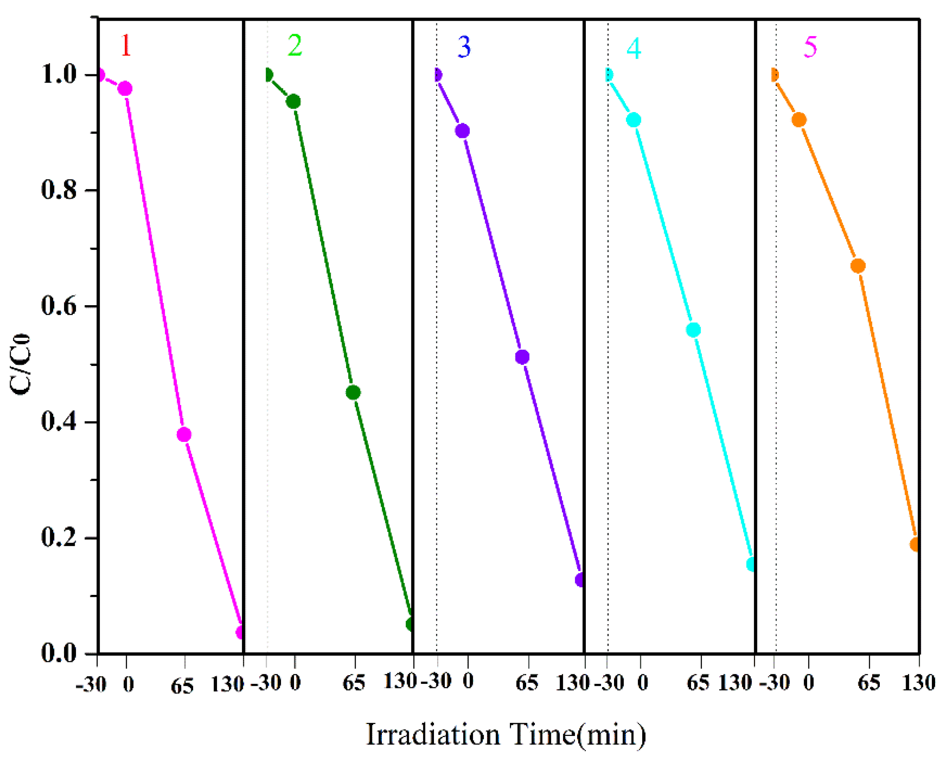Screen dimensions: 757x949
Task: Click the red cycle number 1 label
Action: tap(126, 45)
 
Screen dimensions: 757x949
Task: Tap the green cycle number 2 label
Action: tap(294, 45)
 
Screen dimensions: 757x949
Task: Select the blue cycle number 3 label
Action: tap(464, 47)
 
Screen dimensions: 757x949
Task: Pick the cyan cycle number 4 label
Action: tap(633, 48)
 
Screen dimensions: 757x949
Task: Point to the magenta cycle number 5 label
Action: tap(810, 47)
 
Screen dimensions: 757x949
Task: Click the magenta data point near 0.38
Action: tap(184, 435)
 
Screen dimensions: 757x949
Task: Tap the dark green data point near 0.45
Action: tap(353, 393)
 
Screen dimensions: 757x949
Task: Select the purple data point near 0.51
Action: tap(522, 357)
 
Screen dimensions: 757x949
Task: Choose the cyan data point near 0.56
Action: tap(693, 330)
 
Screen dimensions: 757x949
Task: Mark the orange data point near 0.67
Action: tap(858, 266)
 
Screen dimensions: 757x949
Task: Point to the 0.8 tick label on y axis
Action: tap(59, 190)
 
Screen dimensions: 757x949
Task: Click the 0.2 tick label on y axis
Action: tap(59, 538)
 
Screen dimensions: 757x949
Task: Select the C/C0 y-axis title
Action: tap(20, 364)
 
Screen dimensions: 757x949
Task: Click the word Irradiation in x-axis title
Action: tap(433, 735)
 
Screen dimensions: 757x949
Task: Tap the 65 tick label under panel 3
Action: tap(527, 683)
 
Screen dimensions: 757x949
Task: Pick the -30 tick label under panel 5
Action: tap(775, 683)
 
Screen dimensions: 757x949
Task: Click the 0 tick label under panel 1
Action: tap(128, 685)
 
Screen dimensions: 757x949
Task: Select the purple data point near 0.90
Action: tap(462, 131)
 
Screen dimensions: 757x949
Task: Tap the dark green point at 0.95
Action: tap(293, 102)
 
